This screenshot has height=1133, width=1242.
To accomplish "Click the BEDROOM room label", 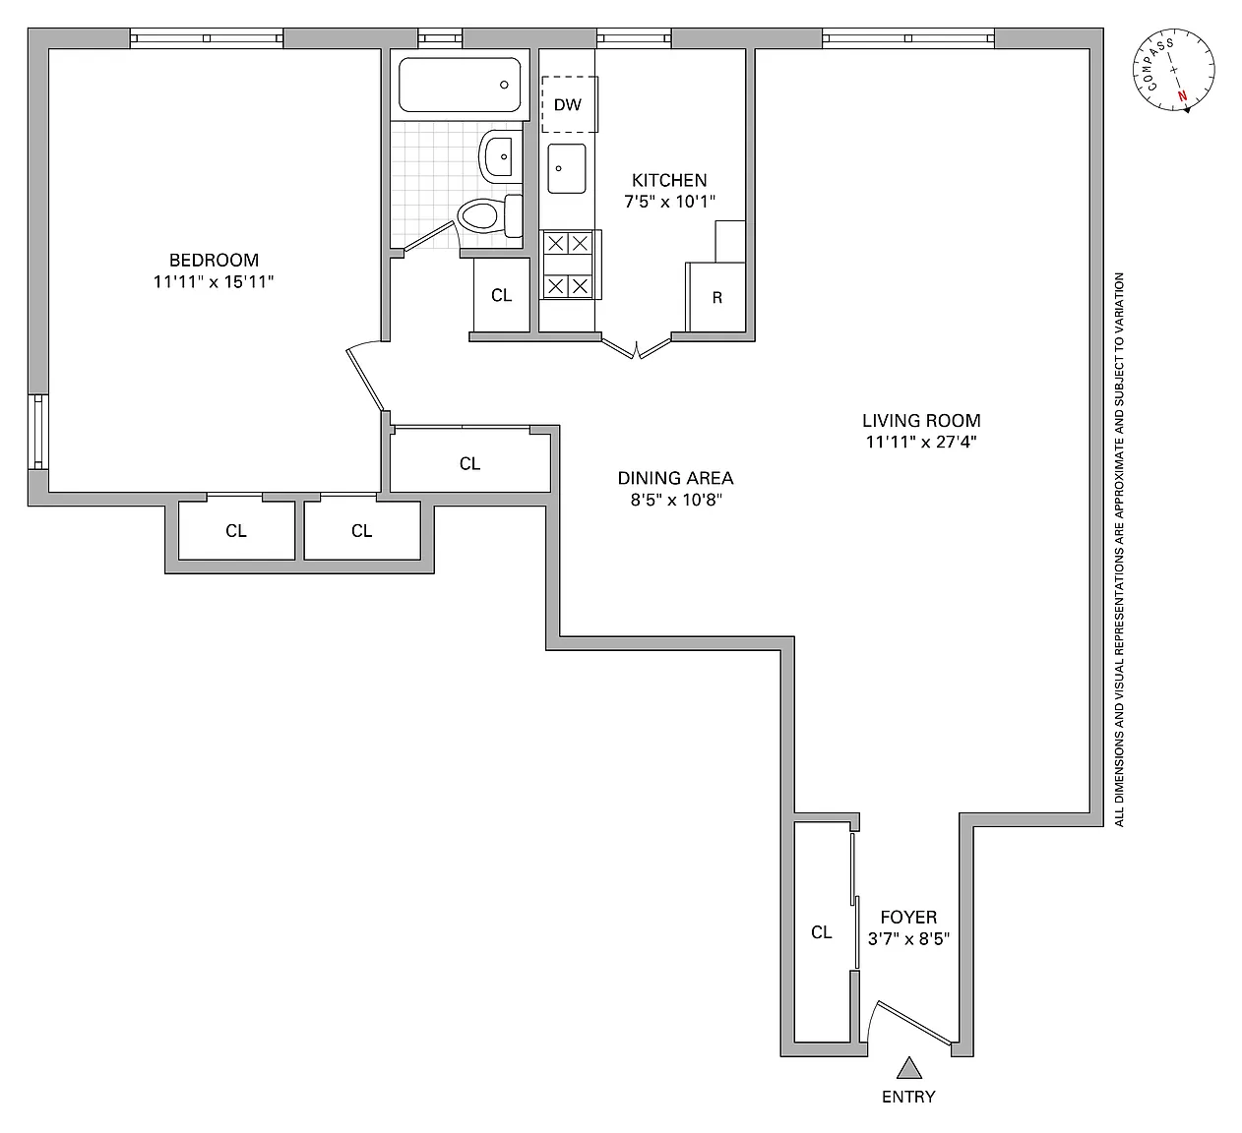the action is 214,260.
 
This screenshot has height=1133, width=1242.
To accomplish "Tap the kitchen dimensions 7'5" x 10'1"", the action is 669,201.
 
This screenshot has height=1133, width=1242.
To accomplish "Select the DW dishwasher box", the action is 570,104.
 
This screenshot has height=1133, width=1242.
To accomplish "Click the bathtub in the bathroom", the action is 460,85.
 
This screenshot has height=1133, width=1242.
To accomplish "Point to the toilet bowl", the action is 479,216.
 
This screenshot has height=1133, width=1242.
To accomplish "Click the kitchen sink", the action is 566,168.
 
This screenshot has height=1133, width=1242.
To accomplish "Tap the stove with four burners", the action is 569,265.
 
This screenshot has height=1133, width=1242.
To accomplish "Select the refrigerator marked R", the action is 716,297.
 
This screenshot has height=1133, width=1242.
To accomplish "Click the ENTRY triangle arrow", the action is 909,1067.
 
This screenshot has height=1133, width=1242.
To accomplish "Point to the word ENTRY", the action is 908,1098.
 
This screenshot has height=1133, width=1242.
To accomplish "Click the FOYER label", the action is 908,917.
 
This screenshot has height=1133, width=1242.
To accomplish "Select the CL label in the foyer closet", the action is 822,932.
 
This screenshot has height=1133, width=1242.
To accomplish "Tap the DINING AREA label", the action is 675,478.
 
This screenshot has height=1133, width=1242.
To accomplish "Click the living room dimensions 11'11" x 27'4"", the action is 921,442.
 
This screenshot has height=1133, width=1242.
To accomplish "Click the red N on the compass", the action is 1183,96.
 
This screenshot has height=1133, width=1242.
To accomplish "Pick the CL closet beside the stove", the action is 502,295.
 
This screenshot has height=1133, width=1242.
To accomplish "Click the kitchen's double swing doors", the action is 637,348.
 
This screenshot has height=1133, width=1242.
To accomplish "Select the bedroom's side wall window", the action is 38,432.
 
